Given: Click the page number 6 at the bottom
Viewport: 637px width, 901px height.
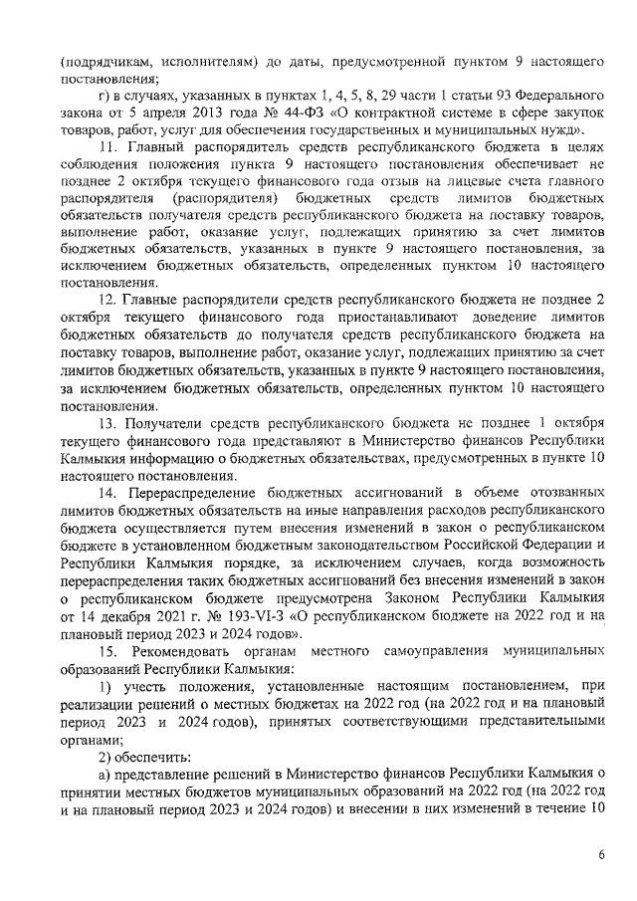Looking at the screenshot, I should pyautogui.click(x=601, y=854).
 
